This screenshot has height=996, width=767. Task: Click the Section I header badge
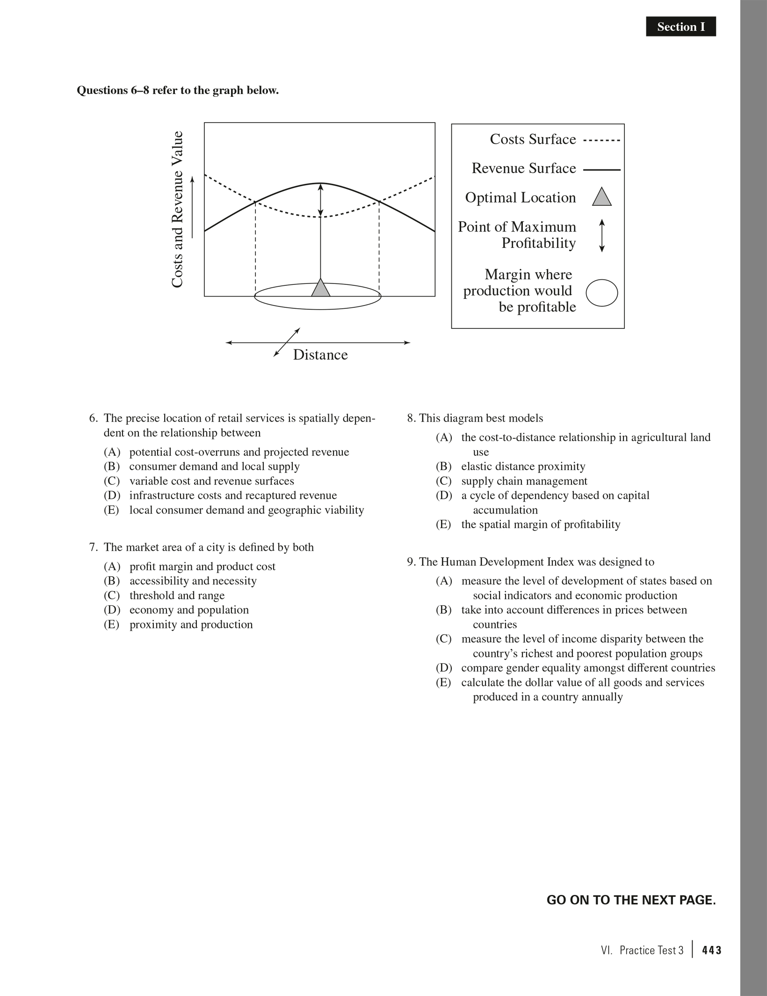click(680, 27)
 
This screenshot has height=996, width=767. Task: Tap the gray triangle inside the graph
click(320, 288)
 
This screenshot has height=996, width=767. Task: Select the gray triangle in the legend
click(602, 197)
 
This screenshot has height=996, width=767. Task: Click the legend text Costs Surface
click(533, 139)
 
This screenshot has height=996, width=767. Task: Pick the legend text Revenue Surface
click(523, 168)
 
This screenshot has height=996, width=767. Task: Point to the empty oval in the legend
click(602, 293)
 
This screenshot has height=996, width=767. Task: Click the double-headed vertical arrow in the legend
click(602, 235)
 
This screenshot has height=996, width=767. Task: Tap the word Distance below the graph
click(320, 355)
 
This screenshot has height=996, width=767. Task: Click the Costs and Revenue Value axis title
click(177, 210)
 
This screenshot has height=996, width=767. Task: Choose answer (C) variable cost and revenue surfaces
click(211, 481)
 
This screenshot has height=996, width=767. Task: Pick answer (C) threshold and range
click(177, 596)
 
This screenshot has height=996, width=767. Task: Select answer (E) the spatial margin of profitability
click(540, 524)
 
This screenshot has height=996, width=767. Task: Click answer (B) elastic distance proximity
click(523, 466)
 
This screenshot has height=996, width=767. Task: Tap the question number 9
click(411, 562)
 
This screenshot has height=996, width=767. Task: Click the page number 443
click(712, 950)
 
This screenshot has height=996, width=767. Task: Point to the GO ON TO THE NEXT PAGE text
click(631, 900)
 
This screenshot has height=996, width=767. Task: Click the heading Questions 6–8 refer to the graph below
click(178, 90)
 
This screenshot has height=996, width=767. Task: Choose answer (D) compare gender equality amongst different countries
click(588, 668)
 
